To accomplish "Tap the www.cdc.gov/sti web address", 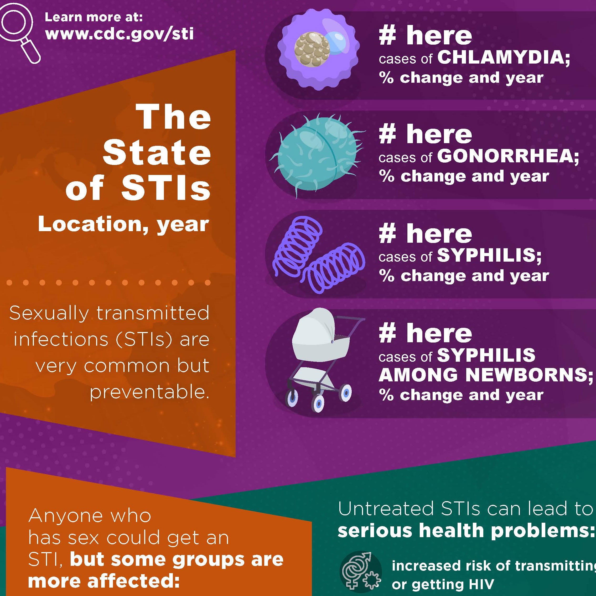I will pyautogui.click(x=120, y=34).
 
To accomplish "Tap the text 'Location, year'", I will pyautogui.click(x=123, y=225).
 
